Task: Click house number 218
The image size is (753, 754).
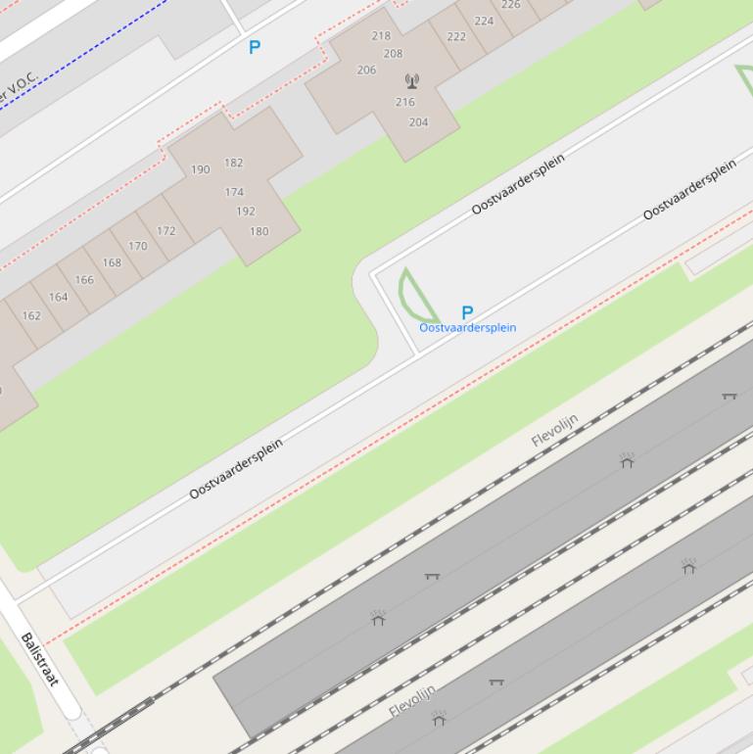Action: coord(381,36)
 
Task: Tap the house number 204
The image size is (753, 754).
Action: coord(418,122)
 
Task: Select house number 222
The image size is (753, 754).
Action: coord(456,37)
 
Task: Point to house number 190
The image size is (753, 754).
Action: coord(200,169)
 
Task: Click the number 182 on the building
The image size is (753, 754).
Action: coord(233,163)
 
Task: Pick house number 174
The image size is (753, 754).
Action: coord(234,192)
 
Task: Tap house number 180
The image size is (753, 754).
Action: coord(259,232)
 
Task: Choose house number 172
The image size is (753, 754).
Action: coord(166,231)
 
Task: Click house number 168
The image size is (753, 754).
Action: coord(112,262)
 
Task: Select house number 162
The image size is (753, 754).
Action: coord(31,315)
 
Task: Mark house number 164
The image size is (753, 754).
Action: coord(59,297)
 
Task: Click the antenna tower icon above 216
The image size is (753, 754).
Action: coord(411,80)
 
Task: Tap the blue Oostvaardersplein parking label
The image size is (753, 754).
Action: coord(467,328)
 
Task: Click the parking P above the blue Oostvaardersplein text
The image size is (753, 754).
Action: coord(467,312)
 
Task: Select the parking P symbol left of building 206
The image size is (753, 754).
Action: coord(255,47)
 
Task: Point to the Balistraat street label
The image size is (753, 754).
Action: coord(40,659)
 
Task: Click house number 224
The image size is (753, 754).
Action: coord(484,21)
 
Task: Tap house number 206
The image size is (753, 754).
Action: coord(366,70)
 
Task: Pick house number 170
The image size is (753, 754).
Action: coord(138,246)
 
